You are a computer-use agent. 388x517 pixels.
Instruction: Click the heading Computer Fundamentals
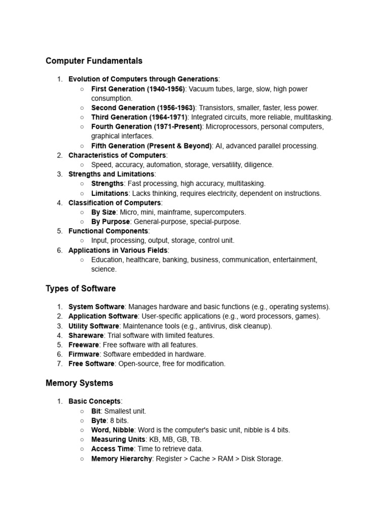pyautogui.click(x=94, y=61)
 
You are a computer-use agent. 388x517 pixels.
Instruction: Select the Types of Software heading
pyautogui.click(x=81, y=289)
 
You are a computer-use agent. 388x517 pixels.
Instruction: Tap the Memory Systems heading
pyautogui.click(x=79, y=383)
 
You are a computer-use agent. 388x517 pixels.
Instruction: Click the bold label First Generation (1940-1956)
pyautogui.click(x=138, y=89)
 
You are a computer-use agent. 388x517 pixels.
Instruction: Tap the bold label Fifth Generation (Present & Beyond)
pyautogui.click(x=151, y=146)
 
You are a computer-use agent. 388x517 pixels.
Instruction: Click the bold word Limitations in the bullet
pyautogui.click(x=110, y=193)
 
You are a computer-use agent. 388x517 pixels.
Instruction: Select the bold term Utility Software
pyautogui.click(x=93, y=326)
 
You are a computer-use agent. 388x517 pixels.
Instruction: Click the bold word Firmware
pyautogui.click(x=84, y=354)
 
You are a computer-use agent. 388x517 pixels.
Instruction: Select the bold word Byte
pyautogui.click(x=99, y=421)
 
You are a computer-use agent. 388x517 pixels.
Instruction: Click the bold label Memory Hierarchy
pyautogui.click(x=121, y=458)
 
